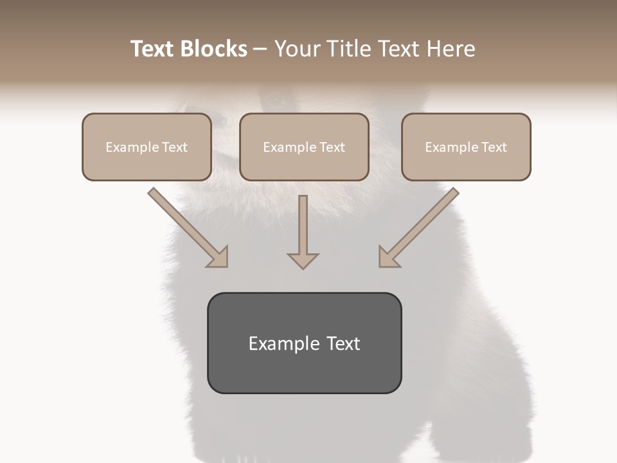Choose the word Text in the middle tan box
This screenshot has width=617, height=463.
pyautogui.click(x=332, y=147)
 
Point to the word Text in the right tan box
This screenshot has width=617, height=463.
pyautogui.click(x=494, y=147)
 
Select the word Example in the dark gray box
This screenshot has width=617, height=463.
pyautogui.click(x=284, y=344)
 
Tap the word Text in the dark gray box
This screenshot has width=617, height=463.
pyautogui.click(x=343, y=344)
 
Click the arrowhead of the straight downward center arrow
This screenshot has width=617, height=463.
pyautogui.click(x=303, y=260)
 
